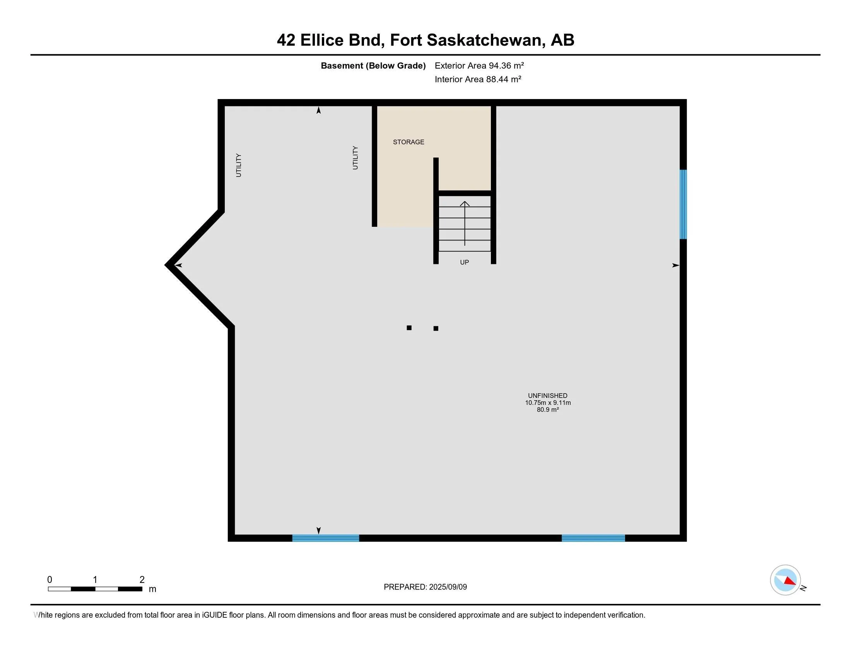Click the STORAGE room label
tap(408, 142)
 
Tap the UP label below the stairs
tap(464, 262)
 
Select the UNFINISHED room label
tap(547, 395)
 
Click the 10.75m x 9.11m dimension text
tap(547, 403)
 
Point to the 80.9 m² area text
tap(547, 410)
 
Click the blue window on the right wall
tap(683, 204)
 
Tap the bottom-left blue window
tap(325, 538)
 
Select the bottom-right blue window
tap(593, 538)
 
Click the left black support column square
tap(409, 328)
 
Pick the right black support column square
tap(436, 329)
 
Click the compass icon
tap(785, 580)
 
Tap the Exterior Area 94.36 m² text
tap(479, 65)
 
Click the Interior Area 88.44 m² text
tap(478, 79)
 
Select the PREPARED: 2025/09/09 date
tap(425, 587)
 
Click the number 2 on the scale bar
tap(142, 580)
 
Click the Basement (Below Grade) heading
tap(373, 65)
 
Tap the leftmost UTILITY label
tap(239, 165)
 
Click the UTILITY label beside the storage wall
tap(355, 158)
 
